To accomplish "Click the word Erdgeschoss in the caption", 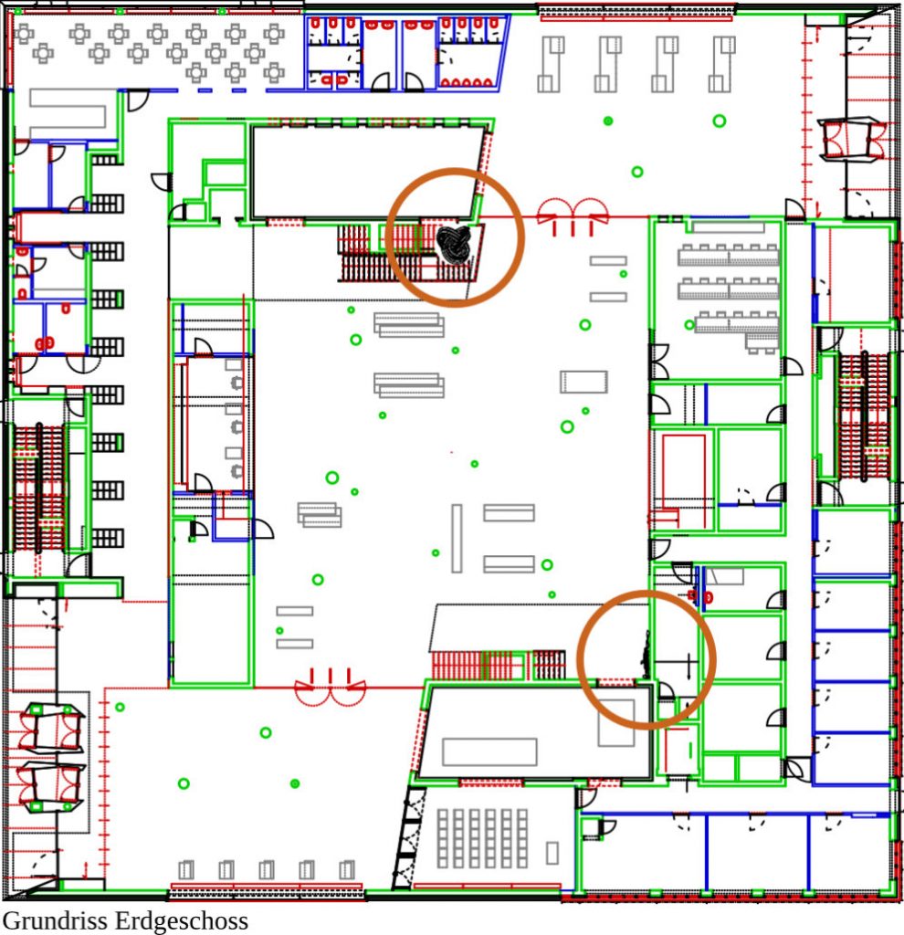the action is pyautogui.click(x=178, y=920).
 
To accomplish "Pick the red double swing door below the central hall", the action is pyautogui.click(x=331, y=688).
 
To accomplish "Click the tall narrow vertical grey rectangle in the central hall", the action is pyautogui.click(x=457, y=539).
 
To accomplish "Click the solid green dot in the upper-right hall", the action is pyautogui.click(x=608, y=121).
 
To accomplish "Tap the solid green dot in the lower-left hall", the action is pyautogui.click(x=295, y=783).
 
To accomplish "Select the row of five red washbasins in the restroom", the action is pyautogui.click(x=466, y=83).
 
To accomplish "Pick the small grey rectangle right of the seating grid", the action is pyautogui.click(x=552, y=853).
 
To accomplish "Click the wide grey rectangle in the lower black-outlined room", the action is pyautogui.click(x=489, y=752).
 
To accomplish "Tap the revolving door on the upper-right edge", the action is pyautogui.click(x=850, y=140).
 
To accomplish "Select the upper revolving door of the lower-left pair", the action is pyautogui.click(x=51, y=728).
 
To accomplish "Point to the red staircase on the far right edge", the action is pyautogui.click(x=865, y=416).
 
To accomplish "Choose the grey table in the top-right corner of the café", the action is pyautogui.click(x=274, y=34).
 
